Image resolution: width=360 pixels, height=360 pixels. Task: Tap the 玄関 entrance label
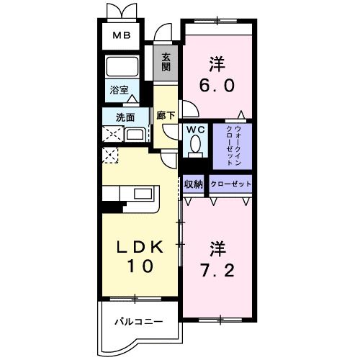(166, 63)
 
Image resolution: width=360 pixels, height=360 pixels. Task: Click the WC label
(194, 130)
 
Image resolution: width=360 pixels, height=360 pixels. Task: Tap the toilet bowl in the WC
(194, 146)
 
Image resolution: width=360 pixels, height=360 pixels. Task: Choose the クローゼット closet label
(230, 184)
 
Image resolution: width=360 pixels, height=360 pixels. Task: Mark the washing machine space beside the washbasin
(112, 134)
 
